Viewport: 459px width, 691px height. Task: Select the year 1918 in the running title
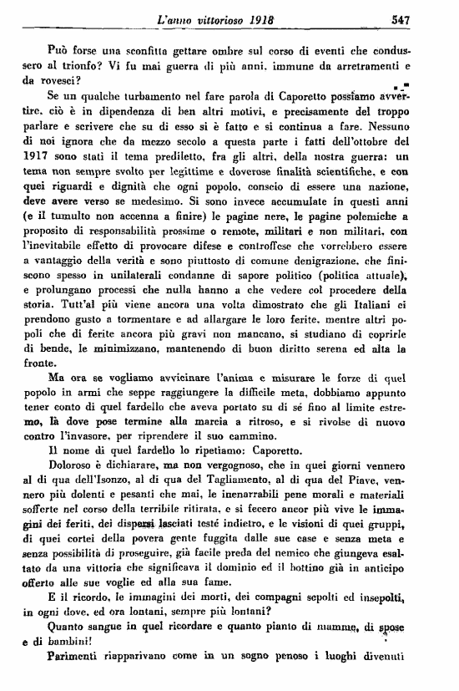point(259,16)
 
